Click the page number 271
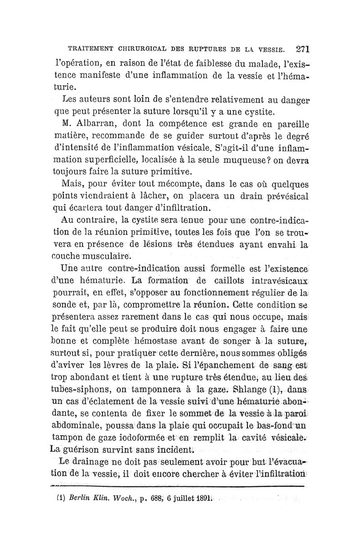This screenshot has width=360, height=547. pos(305,48)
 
